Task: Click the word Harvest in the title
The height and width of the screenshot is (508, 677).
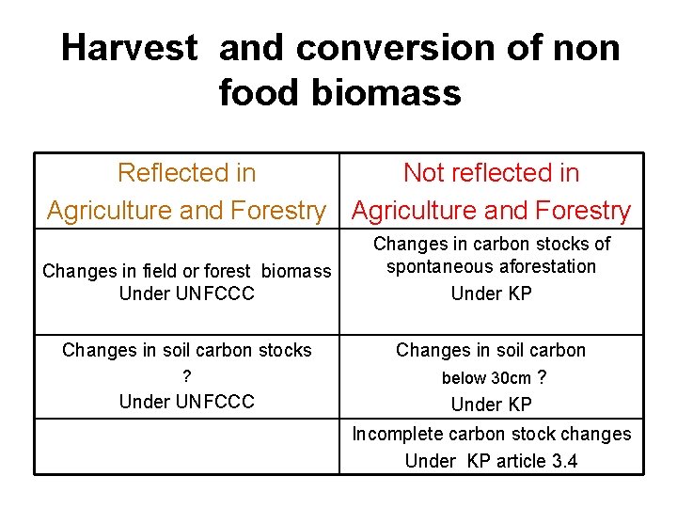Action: [130, 47]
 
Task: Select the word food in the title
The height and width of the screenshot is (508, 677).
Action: [260, 92]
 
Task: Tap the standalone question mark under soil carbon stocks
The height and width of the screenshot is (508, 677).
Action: [186, 376]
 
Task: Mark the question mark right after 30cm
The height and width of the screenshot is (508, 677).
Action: [542, 377]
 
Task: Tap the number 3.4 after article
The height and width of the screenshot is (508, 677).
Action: [564, 461]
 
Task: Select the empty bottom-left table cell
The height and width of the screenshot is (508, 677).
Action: [186, 446]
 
